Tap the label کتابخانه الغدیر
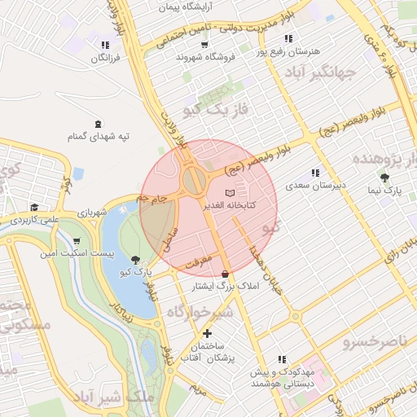coord(229,205)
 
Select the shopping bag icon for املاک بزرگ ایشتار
coord(225,273)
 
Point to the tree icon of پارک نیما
coord(384,177)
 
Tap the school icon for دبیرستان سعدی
coord(314,173)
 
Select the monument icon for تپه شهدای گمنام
coord(99,125)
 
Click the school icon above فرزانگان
coord(103,46)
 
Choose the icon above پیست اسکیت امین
coord(77,241)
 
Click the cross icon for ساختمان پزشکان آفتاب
coord(207,333)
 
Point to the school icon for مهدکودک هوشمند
coord(282,358)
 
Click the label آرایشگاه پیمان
coord(169,7)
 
